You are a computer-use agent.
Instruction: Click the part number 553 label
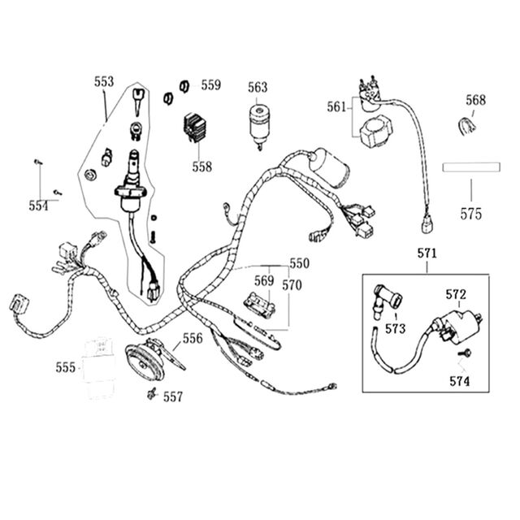point(104,81)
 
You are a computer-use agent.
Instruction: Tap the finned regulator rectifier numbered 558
point(195,128)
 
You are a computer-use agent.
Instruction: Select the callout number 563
point(258,88)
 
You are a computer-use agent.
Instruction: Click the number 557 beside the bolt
point(173,397)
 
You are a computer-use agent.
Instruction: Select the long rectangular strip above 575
point(471,167)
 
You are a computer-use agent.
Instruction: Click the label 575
point(470,214)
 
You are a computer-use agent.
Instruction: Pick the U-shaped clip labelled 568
point(466,127)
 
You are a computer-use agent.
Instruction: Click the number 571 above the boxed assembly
point(427,253)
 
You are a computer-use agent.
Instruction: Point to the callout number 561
point(336,107)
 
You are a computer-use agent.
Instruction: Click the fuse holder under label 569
point(260,305)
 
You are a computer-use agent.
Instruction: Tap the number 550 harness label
point(300,263)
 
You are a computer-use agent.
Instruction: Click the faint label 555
point(66,368)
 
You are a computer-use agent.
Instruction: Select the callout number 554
point(38,206)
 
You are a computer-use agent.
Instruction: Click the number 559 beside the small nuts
point(211,85)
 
